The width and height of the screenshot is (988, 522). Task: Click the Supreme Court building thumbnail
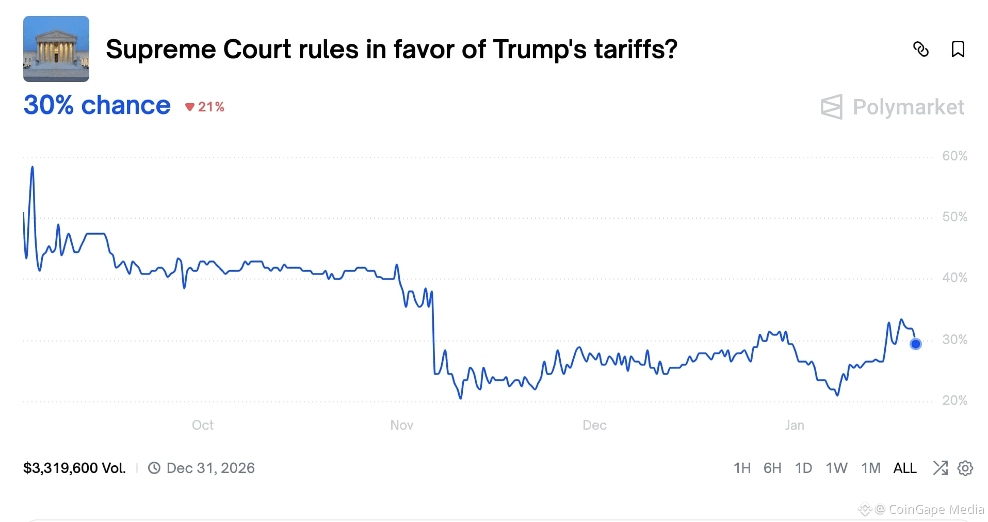point(56,49)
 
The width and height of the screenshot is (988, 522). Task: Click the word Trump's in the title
point(540,50)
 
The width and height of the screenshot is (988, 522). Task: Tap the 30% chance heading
point(97,105)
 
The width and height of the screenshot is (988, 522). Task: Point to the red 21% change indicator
point(205,107)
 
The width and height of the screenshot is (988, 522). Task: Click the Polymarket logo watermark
point(893,107)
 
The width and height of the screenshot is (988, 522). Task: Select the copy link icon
point(920,50)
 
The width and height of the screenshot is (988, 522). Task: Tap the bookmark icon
point(958,50)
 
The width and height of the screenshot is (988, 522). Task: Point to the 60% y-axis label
point(954,156)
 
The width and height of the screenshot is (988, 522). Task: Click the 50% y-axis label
point(954,217)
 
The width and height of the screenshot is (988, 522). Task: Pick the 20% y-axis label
point(954,400)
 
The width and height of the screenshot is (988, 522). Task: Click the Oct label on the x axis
point(202,425)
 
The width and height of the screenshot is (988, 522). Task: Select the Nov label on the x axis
point(401,425)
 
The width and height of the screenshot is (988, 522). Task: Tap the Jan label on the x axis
point(795,425)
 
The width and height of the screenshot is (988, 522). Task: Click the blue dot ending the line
point(915,344)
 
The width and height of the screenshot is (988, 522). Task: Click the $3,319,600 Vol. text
point(74,468)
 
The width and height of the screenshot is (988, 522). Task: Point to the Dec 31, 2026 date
point(210,468)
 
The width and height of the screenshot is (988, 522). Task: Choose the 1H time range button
point(742,468)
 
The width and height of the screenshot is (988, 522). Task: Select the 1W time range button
point(836,468)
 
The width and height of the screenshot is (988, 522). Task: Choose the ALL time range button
point(904,468)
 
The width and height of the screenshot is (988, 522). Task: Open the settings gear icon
point(965,468)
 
